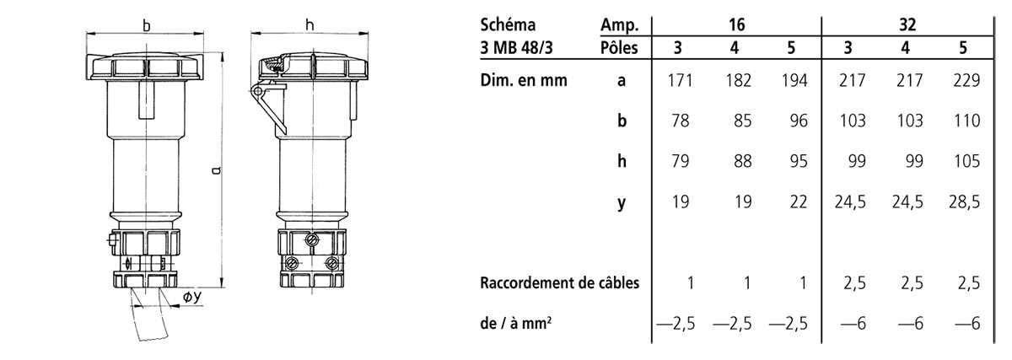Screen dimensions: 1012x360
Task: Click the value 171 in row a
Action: click(680, 80)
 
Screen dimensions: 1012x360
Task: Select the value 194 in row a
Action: click(794, 80)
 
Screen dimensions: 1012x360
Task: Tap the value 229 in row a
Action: click(966, 80)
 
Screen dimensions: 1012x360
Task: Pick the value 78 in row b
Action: click(680, 121)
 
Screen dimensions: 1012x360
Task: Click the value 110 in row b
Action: click(966, 121)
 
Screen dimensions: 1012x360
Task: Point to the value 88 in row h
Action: click(742, 161)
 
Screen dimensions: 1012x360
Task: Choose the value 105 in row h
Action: click(966, 161)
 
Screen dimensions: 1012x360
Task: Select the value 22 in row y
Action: click(798, 201)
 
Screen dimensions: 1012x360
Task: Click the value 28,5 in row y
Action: click(964, 201)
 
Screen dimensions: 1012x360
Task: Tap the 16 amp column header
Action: click(736, 24)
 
